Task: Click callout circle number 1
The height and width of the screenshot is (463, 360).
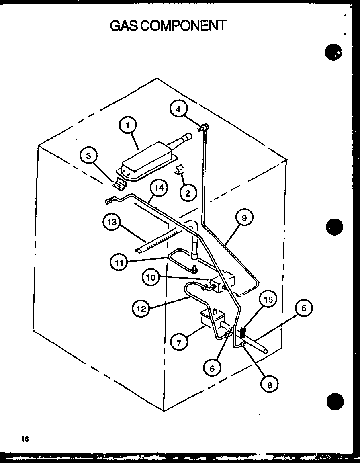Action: coord(127,125)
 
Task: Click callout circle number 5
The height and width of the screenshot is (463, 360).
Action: coord(304,309)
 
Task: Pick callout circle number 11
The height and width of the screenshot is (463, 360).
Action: coord(119,263)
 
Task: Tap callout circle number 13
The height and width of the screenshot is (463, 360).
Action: coord(112,222)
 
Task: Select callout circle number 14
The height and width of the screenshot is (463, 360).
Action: coord(159,188)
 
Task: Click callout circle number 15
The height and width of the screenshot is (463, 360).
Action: coord(269,299)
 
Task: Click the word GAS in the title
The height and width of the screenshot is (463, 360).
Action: coord(122,25)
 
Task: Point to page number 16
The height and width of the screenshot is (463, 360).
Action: coord(25,439)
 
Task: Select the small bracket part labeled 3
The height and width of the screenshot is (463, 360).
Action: coord(120,184)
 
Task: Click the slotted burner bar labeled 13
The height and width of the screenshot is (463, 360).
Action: coord(159,241)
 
